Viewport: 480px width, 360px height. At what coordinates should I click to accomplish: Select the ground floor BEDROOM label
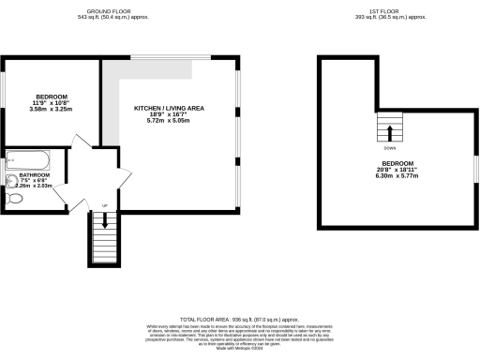tap(51, 97)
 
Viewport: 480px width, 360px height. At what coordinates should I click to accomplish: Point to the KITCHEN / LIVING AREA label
tap(169, 109)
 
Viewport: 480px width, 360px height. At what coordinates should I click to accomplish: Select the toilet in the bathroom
tap(14, 199)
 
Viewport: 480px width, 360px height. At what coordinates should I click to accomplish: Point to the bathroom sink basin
tap(12, 180)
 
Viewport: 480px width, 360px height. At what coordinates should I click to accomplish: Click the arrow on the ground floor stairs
tap(104, 221)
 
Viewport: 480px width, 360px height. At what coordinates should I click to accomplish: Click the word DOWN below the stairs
tap(389, 148)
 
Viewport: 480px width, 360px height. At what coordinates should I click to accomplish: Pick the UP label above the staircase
tap(104, 205)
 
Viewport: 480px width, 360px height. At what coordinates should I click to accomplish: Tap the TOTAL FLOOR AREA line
tap(240, 320)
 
